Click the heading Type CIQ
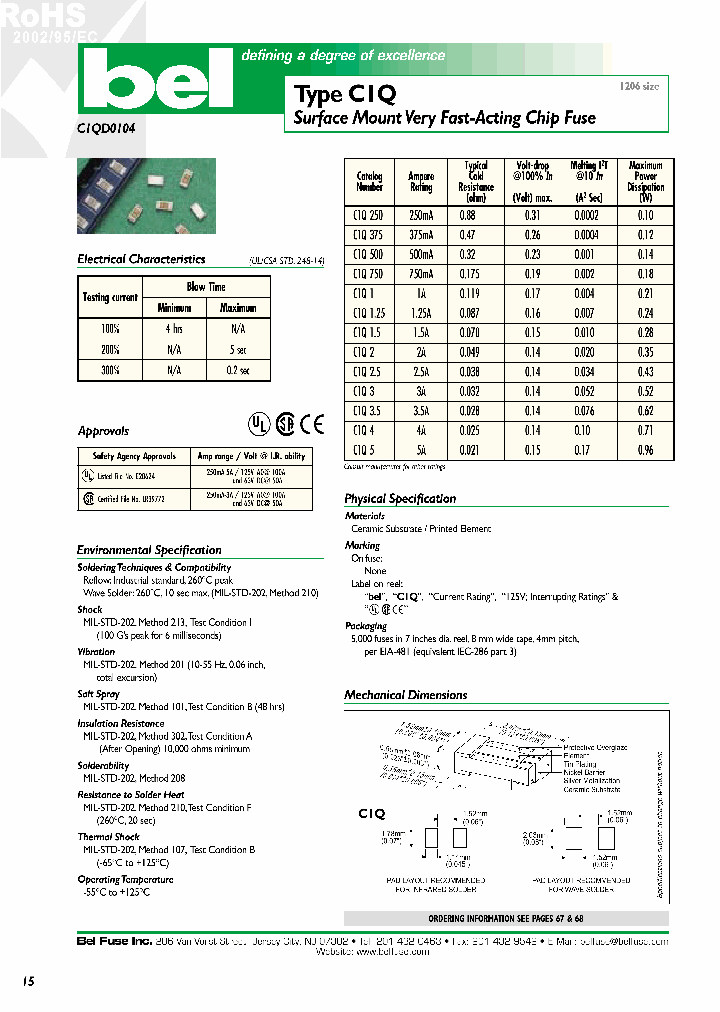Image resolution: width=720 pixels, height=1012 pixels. tap(344, 94)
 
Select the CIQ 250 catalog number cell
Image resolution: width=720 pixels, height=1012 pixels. tap(369, 216)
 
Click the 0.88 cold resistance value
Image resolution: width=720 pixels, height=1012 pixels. tap(468, 216)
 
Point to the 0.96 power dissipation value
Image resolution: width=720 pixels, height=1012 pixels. tap(645, 449)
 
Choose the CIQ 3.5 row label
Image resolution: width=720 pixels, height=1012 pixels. tap(369, 410)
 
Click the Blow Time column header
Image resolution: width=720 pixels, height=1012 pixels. tap(206, 287)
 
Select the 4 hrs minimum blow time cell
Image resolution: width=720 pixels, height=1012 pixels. tap(174, 329)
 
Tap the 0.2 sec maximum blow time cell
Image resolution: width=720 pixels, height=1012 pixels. tap(237, 369)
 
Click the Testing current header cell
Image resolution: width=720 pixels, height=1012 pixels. tap(110, 297)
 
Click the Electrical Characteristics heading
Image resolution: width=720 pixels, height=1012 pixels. tap(141, 259)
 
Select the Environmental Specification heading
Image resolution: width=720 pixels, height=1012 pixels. tap(149, 550)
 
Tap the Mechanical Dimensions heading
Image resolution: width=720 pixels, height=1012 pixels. tap(405, 695)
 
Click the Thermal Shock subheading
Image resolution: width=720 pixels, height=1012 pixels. tap(108, 837)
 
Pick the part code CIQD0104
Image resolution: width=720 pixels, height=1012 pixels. tap(106, 127)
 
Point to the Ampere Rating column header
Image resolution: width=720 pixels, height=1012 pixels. tap(421, 182)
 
